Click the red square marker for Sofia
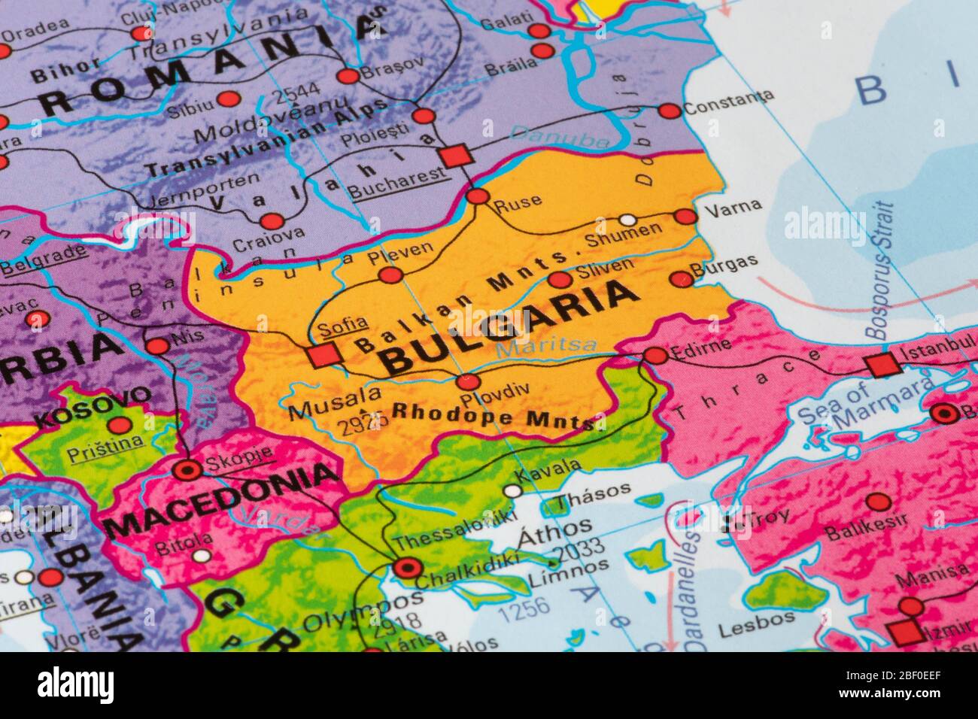coord(324,354)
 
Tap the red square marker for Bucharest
coord(455,156)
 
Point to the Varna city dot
coord(685,217)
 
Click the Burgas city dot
coord(681,280)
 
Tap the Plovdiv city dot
coord(468,382)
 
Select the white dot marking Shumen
coord(627,220)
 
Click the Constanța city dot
coord(669,111)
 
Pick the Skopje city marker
coord(187,471)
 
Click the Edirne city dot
coord(656,356)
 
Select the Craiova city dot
coord(272,221)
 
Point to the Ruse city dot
coord(478,197)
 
